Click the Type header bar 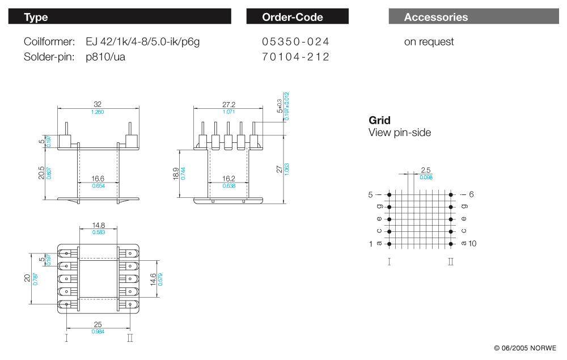(x=119, y=17)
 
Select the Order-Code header (x=297, y=17)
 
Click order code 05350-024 (x=295, y=42)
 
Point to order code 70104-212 (x=295, y=57)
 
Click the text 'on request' (x=429, y=42)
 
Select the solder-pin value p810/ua (x=105, y=57)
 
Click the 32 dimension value (x=98, y=104)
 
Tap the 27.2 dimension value (x=229, y=104)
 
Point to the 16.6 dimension (x=98, y=179)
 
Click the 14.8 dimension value (x=98, y=225)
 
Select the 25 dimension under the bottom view (x=98, y=325)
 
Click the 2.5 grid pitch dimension (x=426, y=170)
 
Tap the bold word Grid (x=379, y=120)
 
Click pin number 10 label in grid (x=473, y=244)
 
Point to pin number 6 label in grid (x=471, y=194)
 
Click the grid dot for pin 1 (x=390, y=244)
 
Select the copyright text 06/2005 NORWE (x=524, y=348)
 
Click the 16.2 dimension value (x=229, y=179)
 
